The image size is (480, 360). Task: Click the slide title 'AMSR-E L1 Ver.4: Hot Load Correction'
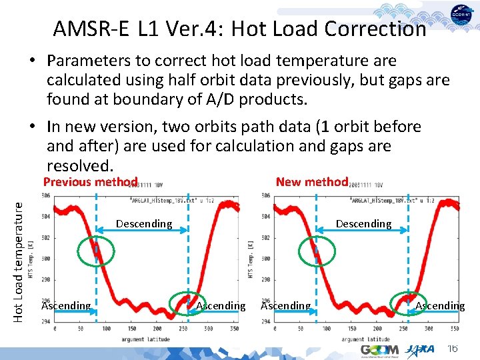click(x=239, y=29)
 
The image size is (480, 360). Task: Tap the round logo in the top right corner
click(x=462, y=15)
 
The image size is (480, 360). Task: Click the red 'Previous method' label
click(x=90, y=182)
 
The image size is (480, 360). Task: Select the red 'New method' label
click(x=312, y=181)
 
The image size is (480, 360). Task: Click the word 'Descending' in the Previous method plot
click(x=144, y=224)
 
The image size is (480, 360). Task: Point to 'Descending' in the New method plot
click(x=363, y=224)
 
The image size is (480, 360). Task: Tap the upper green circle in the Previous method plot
click(x=96, y=251)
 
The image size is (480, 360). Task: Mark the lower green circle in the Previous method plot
click(x=183, y=303)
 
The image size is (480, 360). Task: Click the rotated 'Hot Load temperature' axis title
click(x=19, y=253)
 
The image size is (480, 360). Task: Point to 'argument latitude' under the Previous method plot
click(x=144, y=339)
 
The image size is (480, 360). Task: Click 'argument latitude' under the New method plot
click(x=364, y=339)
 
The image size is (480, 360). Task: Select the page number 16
click(x=453, y=349)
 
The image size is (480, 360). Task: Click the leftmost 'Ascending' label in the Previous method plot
click(x=66, y=306)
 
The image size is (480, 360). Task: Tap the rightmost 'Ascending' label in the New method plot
click(x=440, y=306)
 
